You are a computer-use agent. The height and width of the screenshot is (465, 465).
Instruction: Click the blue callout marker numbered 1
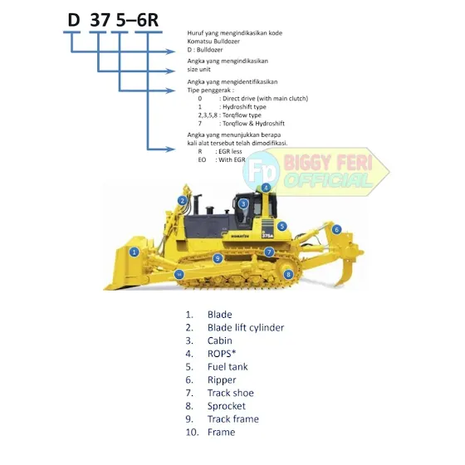click(x=134, y=252)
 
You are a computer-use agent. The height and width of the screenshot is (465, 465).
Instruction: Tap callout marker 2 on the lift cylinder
click(x=183, y=201)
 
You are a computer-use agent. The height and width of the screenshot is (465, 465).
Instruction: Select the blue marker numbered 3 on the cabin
click(x=243, y=203)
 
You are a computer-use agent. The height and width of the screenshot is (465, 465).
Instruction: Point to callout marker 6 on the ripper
click(x=336, y=229)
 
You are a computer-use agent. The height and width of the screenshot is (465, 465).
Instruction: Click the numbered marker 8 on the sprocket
click(x=288, y=274)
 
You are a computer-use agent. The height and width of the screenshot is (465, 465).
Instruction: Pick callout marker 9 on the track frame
click(x=218, y=258)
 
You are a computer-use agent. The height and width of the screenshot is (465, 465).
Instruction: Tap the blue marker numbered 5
click(x=282, y=226)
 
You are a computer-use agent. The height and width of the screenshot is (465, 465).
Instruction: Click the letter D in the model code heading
click(x=74, y=20)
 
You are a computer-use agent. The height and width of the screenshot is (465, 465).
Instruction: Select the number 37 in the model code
click(x=100, y=20)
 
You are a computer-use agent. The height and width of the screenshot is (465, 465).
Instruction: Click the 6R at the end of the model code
click(x=148, y=20)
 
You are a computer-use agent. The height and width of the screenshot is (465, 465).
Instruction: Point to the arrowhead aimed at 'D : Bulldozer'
click(x=170, y=51)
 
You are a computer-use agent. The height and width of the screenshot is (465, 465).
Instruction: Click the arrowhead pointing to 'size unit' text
click(x=170, y=71)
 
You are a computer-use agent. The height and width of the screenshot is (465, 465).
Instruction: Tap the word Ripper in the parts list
click(x=222, y=380)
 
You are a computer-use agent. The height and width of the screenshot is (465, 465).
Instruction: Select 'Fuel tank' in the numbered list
click(x=228, y=367)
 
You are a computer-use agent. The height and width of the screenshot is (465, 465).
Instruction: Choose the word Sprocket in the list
click(x=227, y=406)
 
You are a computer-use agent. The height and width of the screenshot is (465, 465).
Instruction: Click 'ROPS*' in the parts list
click(x=222, y=354)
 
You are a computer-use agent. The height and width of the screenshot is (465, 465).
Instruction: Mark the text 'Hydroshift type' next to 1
click(x=244, y=107)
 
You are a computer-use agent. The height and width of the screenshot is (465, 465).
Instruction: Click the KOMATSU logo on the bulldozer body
click(x=240, y=237)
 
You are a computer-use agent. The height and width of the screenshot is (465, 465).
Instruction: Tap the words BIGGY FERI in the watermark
click(x=328, y=163)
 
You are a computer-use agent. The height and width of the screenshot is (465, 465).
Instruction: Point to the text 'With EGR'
click(x=232, y=159)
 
